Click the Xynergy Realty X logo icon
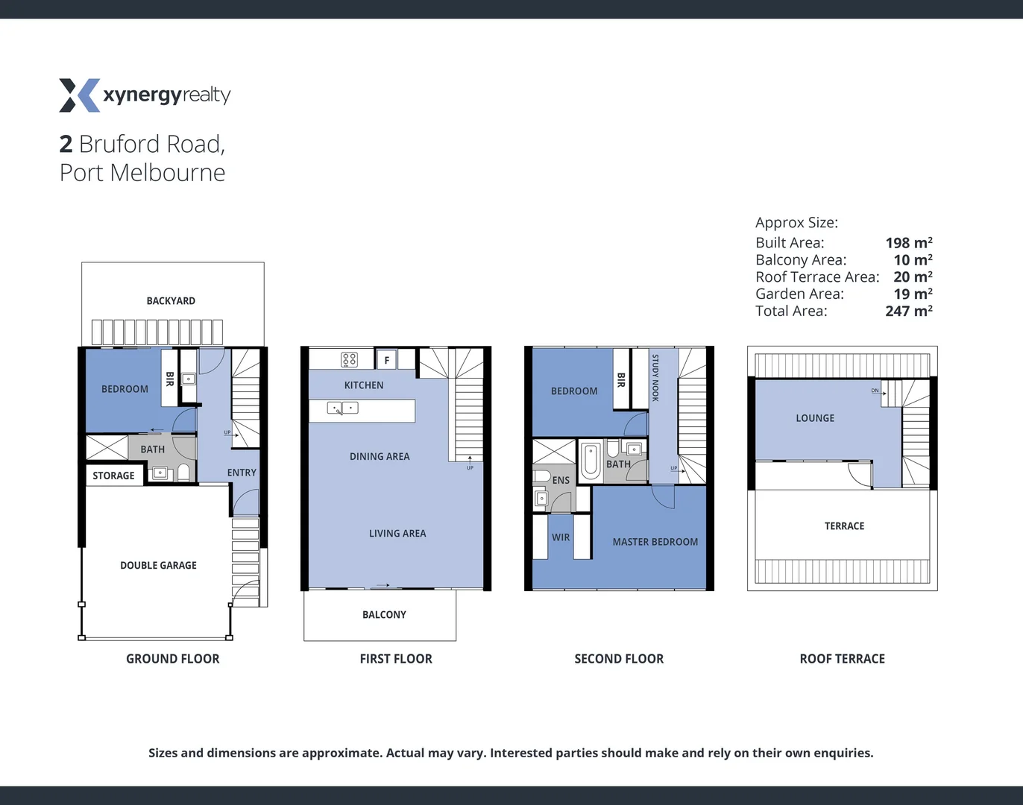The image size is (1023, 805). (79, 95)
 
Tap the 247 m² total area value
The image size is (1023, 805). (908, 311)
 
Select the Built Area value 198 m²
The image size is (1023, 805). (908, 242)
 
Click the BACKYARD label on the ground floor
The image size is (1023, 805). (171, 301)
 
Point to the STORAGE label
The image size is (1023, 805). (113, 476)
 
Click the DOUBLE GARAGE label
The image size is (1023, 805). (158, 566)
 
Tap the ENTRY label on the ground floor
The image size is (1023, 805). (242, 473)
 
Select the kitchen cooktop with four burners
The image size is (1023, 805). (349, 360)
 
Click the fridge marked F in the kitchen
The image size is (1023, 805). (386, 360)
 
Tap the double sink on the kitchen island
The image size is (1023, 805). (343, 408)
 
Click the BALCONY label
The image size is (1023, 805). (384, 615)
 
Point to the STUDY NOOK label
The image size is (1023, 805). (655, 378)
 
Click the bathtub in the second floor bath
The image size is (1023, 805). (591, 460)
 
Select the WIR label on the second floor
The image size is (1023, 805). (561, 537)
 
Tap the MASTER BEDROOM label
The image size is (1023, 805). (655, 542)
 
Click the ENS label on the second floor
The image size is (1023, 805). (561, 481)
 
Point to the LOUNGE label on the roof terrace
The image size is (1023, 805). (815, 418)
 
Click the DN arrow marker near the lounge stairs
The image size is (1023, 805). (877, 391)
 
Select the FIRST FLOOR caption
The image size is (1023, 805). (396, 659)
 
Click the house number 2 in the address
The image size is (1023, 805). (66, 144)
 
